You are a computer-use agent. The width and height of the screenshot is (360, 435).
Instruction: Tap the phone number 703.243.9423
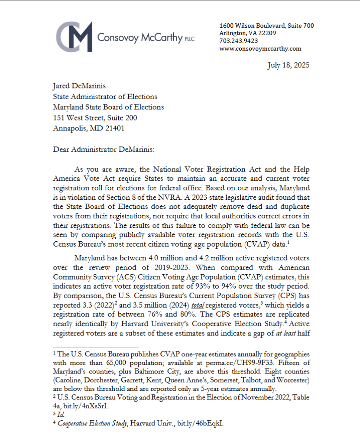(239, 41)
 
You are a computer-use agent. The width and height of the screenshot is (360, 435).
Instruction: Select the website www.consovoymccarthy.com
(260, 49)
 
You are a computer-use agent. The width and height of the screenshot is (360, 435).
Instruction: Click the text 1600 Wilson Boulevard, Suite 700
(266, 26)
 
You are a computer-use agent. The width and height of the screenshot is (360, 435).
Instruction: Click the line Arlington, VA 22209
(248, 33)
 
